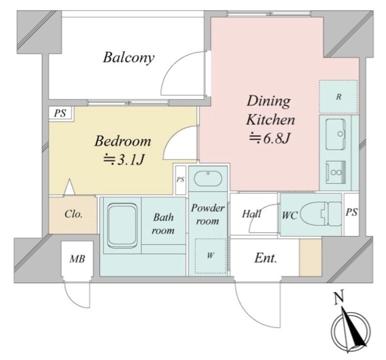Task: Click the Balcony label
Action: click(129, 57)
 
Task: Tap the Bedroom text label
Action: click(123, 141)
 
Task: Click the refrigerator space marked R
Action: click(339, 97)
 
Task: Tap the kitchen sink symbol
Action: click(335, 134)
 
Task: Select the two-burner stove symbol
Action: click(336, 172)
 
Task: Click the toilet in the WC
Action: click(321, 213)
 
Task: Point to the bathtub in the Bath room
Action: click(122, 225)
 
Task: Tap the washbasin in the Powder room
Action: click(208, 178)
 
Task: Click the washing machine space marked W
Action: click(211, 255)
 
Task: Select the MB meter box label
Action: click(77, 259)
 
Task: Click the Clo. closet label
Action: click(73, 214)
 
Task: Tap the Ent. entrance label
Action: click(266, 258)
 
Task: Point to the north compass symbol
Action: click(351, 329)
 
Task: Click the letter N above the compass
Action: click(339, 298)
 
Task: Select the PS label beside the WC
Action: click(351, 212)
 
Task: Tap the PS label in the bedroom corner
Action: click(60, 113)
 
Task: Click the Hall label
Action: click(252, 214)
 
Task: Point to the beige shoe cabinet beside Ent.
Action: click(311, 257)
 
